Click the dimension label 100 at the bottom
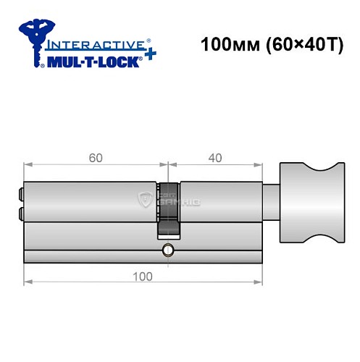(142, 276)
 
